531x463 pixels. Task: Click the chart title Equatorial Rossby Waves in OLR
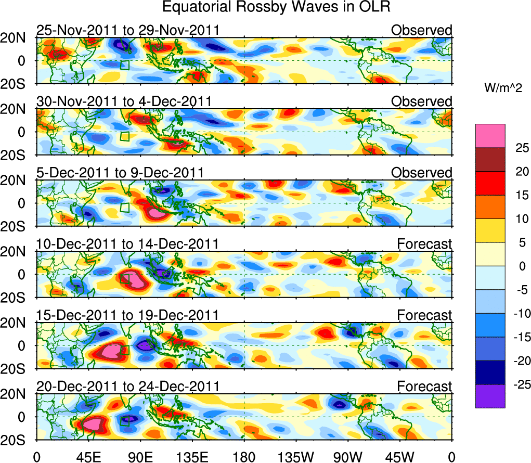click(276, 7)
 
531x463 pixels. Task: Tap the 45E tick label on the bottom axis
click(88, 457)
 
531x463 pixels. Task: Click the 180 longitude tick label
click(244, 457)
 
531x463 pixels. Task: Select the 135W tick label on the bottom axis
click(295, 457)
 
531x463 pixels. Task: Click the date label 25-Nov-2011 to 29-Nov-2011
click(128, 31)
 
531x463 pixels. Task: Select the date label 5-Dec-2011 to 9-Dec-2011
click(120, 172)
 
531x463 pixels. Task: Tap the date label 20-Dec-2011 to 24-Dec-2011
click(128, 387)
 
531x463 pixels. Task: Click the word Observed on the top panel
click(421, 31)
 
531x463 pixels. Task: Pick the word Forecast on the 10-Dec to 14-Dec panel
click(424, 243)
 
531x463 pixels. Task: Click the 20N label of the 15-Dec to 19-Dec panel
click(18, 323)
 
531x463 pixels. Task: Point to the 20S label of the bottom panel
click(18, 440)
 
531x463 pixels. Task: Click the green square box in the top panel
click(124, 65)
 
